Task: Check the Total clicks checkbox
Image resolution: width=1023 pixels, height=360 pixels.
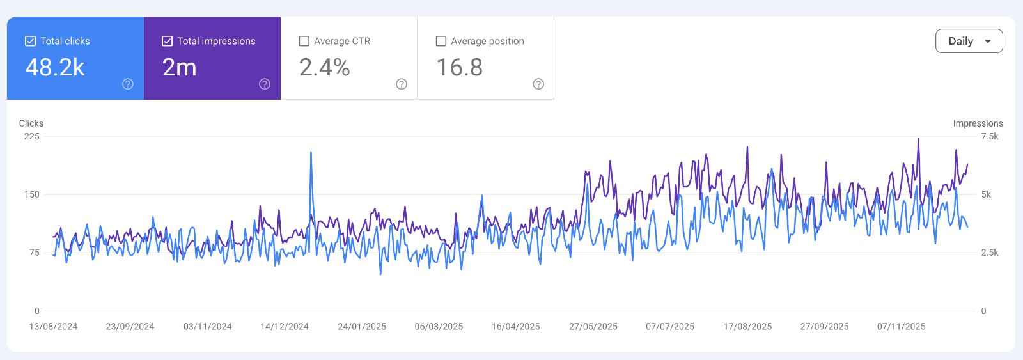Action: (x=30, y=41)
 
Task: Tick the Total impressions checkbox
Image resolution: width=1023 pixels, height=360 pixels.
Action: (x=167, y=41)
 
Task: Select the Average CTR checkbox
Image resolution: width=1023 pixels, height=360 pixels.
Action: (x=304, y=41)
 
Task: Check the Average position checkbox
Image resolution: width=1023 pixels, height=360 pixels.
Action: (x=441, y=41)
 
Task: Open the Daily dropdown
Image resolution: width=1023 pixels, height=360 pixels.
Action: (x=969, y=41)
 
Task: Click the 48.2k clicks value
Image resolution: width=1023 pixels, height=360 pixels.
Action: (x=55, y=67)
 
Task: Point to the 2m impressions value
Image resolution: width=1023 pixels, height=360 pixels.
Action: (x=179, y=67)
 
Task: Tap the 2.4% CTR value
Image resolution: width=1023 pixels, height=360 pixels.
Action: (x=324, y=67)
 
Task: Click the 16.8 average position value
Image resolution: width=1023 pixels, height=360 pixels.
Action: (x=459, y=67)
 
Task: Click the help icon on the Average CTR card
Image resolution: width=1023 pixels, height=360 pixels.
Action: (x=402, y=84)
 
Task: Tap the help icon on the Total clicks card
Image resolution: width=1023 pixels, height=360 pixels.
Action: (x=128, y=84)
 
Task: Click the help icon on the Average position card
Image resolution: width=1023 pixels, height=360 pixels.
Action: (x=538, y=84)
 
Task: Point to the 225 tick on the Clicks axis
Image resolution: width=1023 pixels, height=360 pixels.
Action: (x=32, y=136)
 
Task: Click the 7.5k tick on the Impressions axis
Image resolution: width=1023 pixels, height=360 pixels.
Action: (x=989, y=136)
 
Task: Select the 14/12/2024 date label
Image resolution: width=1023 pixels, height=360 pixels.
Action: (x=284, y=326)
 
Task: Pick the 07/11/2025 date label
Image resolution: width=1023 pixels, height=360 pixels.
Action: (x=901, y=326)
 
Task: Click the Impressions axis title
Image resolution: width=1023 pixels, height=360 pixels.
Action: (x=978, y=123)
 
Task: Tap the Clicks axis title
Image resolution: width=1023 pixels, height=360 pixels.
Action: (x=31, y=123)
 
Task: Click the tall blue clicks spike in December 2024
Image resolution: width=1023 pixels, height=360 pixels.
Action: (x=311, y=153)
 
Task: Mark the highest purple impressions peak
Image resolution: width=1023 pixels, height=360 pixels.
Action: (x=918, y=139)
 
